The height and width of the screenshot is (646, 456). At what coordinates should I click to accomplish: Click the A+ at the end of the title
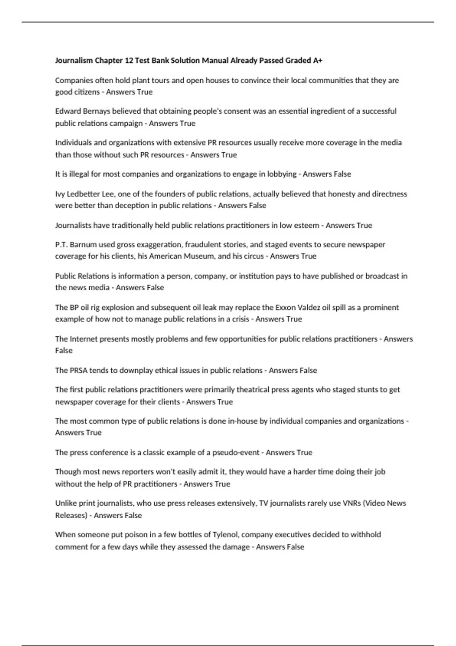point(318,60)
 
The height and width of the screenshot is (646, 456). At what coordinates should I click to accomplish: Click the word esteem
point(307,225)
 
